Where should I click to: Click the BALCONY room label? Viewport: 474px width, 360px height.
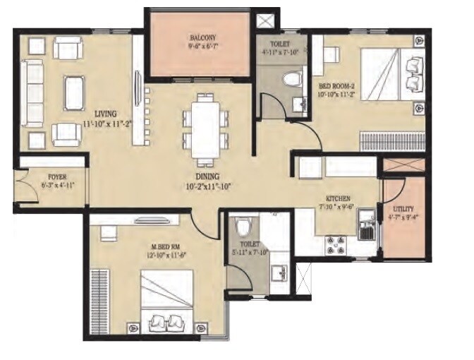(x=201, y=38)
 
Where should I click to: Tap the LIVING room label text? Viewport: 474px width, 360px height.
(x=107, y=113)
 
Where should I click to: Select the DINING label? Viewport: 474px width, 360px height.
(x=207, y=176)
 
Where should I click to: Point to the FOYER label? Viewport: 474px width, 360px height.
(x=57, y=176)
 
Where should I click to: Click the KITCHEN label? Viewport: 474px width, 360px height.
(x=338, y=199)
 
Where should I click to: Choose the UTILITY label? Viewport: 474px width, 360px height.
(x=403, y=208)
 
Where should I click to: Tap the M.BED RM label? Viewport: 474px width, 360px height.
(x=166, y=246)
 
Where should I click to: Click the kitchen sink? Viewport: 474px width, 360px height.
(x=366, y=231)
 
